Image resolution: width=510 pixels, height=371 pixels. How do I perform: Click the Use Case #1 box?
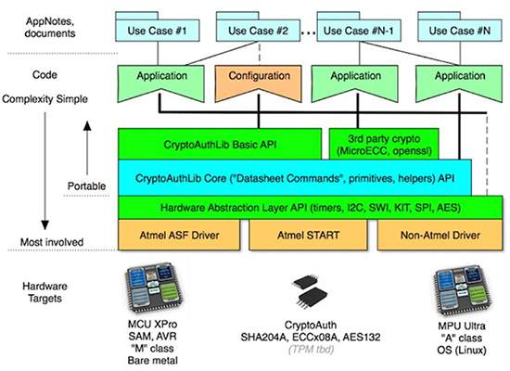(x=157, y=31)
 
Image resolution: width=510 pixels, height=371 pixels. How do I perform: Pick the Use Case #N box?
(x=455, y=31)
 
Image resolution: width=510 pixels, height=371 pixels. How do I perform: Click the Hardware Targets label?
(x=39, y=284)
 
